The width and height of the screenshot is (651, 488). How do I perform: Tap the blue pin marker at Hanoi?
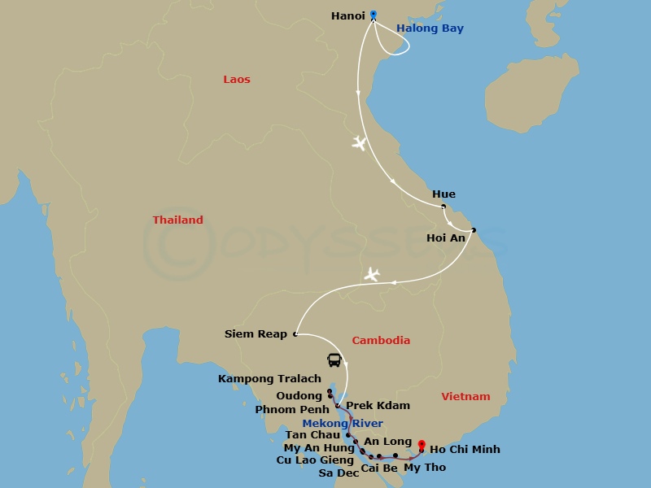click(374, 15)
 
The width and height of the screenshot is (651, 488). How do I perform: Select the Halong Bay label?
click(430, 28)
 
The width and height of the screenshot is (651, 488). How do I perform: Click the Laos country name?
click(237, 80)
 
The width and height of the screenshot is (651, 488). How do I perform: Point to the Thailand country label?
click(177, 220)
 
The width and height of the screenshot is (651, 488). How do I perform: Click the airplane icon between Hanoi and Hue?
click(359, 144)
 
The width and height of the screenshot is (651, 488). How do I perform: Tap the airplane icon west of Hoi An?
click(372, 274)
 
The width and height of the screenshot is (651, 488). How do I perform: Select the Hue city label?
click(444, 194)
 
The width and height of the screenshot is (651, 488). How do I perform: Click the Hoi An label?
click(446, 238)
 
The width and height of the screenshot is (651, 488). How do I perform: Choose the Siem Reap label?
click(256, 334)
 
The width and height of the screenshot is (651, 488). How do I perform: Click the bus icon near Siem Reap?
click(334, 359)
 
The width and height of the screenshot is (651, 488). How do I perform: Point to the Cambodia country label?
click(380, 341)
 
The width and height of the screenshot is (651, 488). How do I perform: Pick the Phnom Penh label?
click(292, 410)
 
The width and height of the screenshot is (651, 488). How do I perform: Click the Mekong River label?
click(343, 424)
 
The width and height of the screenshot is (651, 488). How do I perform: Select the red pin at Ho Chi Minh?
click(422, 446)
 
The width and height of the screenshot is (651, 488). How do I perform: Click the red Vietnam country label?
click(465, 397)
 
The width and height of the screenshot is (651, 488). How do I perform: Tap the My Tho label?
click(425, 468)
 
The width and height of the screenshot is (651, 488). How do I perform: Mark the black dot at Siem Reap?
click(295, 333)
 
